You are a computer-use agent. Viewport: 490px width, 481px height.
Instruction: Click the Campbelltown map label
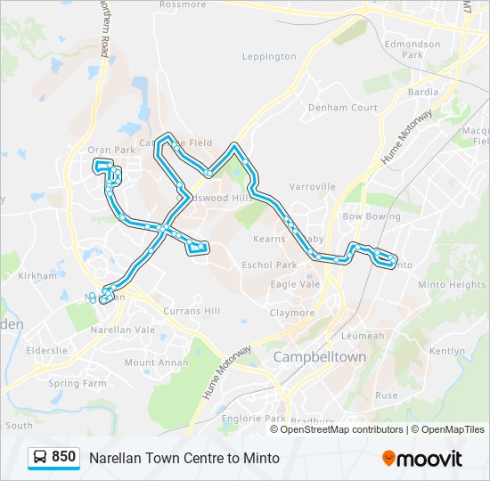320,356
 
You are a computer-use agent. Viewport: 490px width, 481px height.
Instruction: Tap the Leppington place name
269,56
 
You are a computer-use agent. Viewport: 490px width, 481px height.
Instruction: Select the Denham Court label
343,108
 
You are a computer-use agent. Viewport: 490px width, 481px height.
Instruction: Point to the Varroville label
313,187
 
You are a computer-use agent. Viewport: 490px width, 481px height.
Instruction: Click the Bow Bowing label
372,216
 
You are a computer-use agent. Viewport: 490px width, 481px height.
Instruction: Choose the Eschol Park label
269,265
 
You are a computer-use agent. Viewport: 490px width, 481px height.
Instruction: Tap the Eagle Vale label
295,284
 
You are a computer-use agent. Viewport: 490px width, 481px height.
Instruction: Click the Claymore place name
292,313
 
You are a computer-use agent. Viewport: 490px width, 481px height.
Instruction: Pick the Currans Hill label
191,311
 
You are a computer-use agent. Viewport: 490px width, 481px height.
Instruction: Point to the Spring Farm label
78,383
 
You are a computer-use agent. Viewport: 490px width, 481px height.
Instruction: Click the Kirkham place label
37,276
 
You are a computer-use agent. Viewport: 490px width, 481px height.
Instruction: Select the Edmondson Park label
412,49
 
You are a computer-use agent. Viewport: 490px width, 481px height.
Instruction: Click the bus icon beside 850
40,457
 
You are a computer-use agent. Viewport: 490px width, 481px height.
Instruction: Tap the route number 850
64,457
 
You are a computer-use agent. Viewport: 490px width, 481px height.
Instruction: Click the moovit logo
422,458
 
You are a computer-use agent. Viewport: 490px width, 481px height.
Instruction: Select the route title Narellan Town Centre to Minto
184,458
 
